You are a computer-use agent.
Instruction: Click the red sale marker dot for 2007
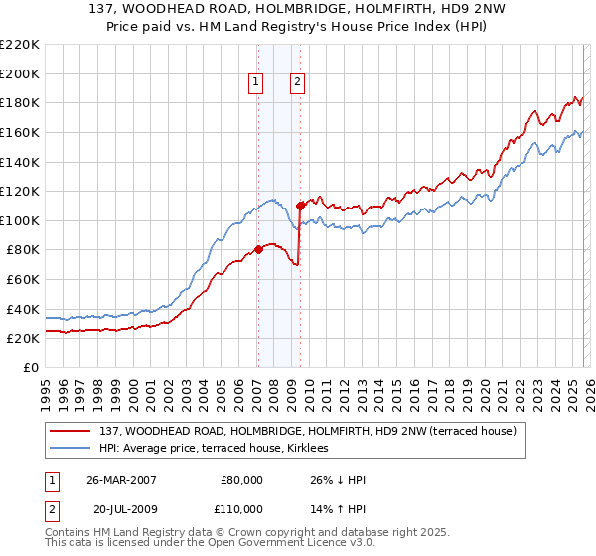click(258, 249)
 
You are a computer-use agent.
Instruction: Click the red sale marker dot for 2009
click(299, 206)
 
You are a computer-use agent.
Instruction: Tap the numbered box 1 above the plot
click(256, 82)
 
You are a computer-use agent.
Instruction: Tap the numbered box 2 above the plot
click(297, 82)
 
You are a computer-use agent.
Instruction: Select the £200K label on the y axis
click(20, 73)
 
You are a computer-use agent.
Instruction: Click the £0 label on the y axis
click(30, 367)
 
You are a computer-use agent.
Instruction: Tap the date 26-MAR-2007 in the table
click(121, 479)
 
